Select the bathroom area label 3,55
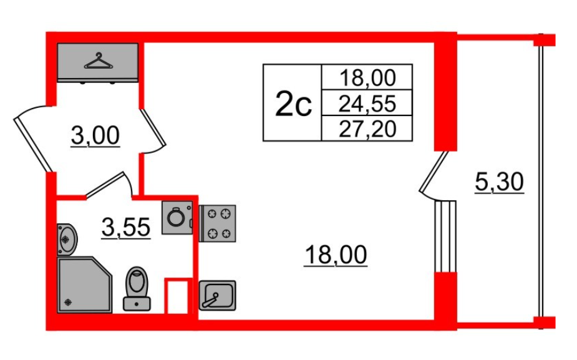[x=126, y=229]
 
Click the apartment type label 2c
[x=293, y=103]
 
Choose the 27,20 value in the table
[x=367, y=129]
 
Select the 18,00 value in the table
[x=367, y=77]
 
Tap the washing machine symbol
[x=177, y=218]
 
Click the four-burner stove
[x=217, y=223]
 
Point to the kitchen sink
[x=216, y=295]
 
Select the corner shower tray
[x=85, y=285]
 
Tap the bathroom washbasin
[x=67, y=238]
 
